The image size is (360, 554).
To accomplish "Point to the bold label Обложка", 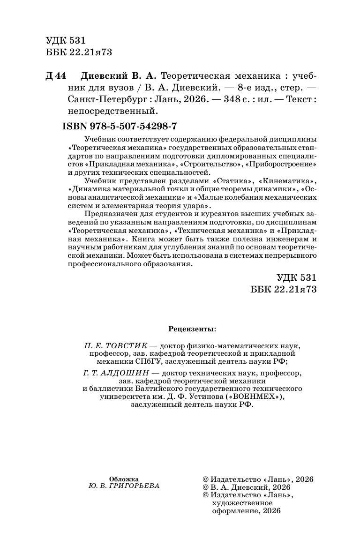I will [x=124, y=479].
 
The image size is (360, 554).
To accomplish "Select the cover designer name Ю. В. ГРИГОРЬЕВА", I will [x=124, y=486].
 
